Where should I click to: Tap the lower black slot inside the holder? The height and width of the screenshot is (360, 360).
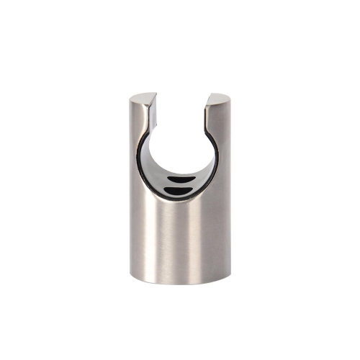(178, 190)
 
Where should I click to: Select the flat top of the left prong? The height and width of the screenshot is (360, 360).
(143, 98)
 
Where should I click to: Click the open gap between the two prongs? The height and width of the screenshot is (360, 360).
(181, 108)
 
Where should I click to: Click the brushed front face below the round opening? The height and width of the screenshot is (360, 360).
(180, 238)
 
